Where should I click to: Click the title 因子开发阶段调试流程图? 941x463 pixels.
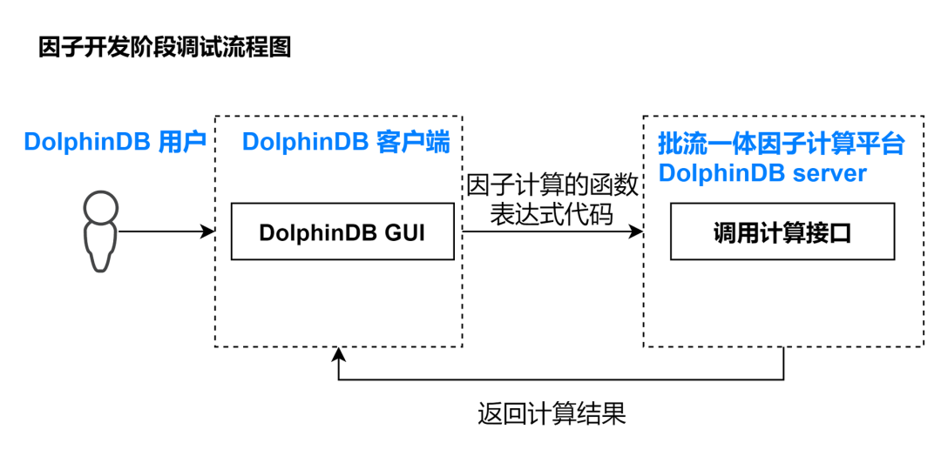[165, 47]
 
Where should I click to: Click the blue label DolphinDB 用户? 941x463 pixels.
[115, 143]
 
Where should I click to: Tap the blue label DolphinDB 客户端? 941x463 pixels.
[346, 143]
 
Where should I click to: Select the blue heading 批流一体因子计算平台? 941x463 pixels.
[782, 144]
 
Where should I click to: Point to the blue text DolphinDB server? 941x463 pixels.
[762, 173]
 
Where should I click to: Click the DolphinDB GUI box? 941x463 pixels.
[342, 231]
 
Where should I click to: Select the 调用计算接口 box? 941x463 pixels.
[782, 231]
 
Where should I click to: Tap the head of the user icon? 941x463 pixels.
[101, 207]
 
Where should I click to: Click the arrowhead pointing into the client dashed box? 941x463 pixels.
[208, 231]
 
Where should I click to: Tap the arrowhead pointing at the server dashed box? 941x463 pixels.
[636, 231]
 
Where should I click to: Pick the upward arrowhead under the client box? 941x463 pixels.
[339, 354]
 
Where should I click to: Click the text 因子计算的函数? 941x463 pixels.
[552, 186]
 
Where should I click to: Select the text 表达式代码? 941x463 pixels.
[552, 215]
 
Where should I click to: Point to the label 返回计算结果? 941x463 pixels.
[552, 413]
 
